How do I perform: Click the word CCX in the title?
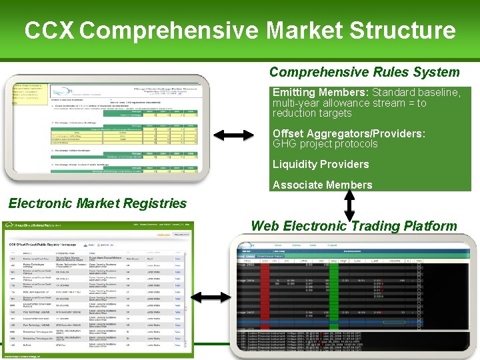[x=50, y=31]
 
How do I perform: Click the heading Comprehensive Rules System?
[x=364, y=72]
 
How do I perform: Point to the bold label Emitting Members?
[x=320, y=93]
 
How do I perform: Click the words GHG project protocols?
[x=325, y=144]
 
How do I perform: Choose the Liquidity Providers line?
[x=320, y=164]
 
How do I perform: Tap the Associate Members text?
[x=322, y=185]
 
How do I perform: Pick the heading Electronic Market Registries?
[x=97, y=203]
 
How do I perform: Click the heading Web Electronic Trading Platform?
[x=354, y=226]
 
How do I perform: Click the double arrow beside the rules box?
[x=237, y=135]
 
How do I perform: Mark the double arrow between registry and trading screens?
[x=213, y=300]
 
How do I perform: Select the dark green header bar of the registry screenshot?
[x=98, y=226]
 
